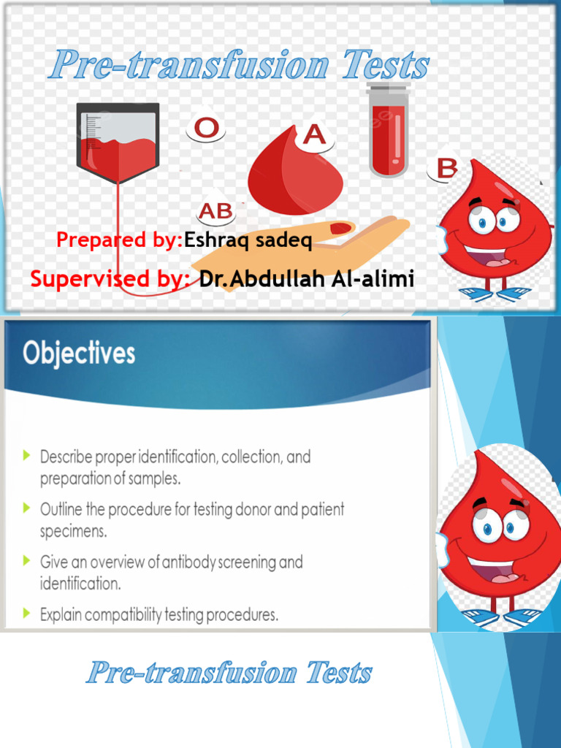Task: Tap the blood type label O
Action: [x=207, y=129]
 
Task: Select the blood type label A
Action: [x=314, y=134]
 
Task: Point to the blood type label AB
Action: [x=216, y=212]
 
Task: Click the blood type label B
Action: [x=446, y=169]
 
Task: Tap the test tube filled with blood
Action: [x=388, y=129]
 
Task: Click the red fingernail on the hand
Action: [x=340, y=229]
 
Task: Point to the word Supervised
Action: [x=102, y=278]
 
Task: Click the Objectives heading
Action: [x=79, y=354]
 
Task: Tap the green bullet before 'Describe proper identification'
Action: [x=27, y=456]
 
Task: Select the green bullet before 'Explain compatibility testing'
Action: [x=27, y=614]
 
